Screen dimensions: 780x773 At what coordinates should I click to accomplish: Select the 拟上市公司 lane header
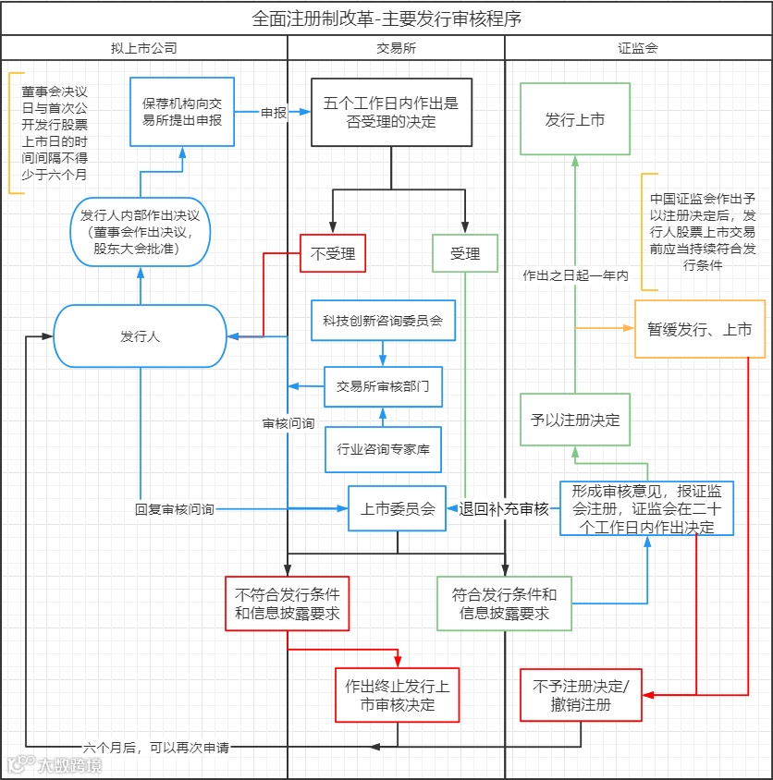click(x=143, y=48)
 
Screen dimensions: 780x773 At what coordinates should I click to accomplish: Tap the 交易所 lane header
click(x=397, y=48)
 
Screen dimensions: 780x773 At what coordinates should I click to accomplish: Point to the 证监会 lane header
click(x=638, y=48)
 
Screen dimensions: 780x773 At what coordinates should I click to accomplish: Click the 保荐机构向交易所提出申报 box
click(x=182, y=113)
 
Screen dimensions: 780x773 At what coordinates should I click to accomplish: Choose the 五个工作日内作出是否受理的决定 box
click(x=391, y=113)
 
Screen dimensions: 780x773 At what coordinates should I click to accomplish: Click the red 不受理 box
click(x=333, y=252)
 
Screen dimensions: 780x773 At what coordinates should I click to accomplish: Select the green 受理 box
click(x=465, y=252)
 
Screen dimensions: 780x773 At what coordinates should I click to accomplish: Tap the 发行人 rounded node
click(x=140, y=336)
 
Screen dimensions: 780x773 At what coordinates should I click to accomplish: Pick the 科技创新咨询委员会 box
click(x=383, y=321)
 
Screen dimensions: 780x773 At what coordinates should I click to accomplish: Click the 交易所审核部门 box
click(x=383, y=386)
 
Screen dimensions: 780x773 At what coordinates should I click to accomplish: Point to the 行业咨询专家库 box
click(x=383, y=450)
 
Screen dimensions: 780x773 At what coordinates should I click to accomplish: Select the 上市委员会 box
click(x=398, y=508)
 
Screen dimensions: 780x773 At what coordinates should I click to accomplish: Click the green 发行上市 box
click(x=574, y=119)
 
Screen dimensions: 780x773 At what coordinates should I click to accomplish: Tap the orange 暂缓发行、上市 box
click(x=700, y=329)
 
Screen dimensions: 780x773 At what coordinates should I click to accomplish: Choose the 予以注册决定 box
click(x=574, y=419)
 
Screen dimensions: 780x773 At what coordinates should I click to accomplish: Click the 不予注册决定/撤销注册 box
click(x=580, y=695)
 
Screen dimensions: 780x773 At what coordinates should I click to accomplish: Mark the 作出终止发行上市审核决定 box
click(x=397, y=695)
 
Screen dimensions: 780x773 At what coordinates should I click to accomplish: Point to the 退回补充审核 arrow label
click(x=504, y=508)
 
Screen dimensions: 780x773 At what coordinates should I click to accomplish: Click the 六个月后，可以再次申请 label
click(x=155, y=747)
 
